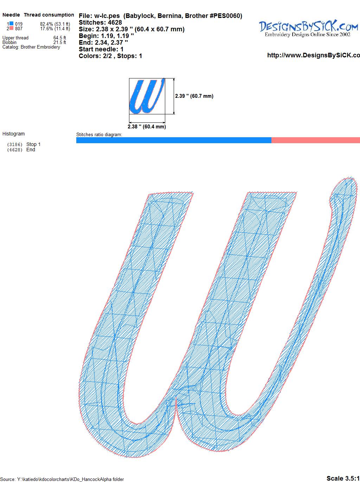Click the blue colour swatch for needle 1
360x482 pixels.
click(x=11, y=24)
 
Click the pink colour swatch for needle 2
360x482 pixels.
click(x=11, y=28)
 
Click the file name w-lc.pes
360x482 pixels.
click(x=107, y=16)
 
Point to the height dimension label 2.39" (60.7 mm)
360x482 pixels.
click(x=194, y=96)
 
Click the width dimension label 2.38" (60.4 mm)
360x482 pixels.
click(x=147, y=127)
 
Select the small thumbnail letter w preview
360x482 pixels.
click(x=147, y=96)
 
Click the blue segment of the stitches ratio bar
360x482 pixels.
click(x=174, y=140)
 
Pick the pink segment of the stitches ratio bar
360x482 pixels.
click(x=316, y=140)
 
